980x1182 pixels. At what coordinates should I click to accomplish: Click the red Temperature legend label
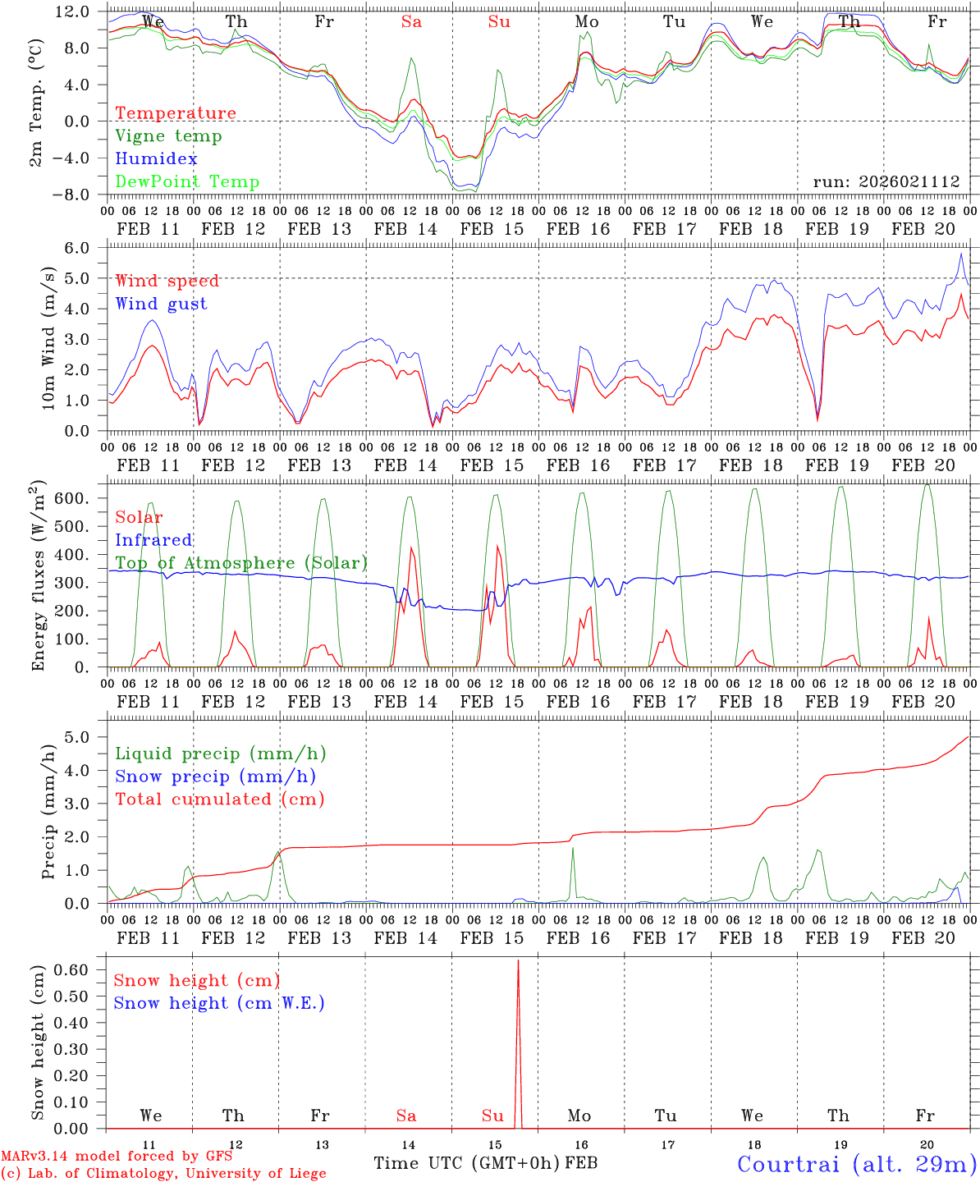pyautogui.click(x=175, y=113)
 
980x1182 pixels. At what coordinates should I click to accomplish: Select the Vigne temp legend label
pyautogui.click(x=168, y=136)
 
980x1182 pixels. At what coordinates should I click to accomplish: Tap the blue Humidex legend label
pyautogui.click(x=156, y=159)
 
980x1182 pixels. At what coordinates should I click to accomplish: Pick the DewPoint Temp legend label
pyautogui.click(x=187, y=182)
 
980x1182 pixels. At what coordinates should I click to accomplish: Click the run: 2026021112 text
pyautogui.click(x=886, y=182)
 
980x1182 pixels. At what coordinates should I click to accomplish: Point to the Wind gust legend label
pyautogui.click(x=161, y=304)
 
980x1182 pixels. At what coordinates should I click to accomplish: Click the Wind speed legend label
pyautogui.click(x=167, y=281)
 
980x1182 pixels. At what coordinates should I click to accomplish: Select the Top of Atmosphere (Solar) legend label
pyautogui.click(x=240, y=563)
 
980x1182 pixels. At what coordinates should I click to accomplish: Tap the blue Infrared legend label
pyautogui.click(x=153, y=540)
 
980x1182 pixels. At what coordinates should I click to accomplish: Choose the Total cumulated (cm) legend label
pyautogui.click(x=219, y=799)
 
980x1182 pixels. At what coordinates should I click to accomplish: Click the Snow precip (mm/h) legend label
pyautogui.click(x=215, y=777)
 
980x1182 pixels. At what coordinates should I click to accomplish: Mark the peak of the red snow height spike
pyautogui.click(x=518, y=960)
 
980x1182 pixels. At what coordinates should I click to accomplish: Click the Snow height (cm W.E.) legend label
pyautogui.click(x=218, y=1003)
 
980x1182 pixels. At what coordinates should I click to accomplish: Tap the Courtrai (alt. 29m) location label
pyautogui.click(x=856, y=1164)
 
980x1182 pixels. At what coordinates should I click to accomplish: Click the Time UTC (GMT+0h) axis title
pyautogui.click(x=467, y=1163)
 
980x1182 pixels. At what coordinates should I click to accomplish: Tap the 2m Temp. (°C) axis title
pyautogui.click(x=38, y=102)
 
